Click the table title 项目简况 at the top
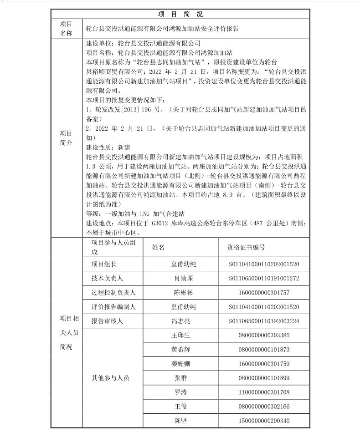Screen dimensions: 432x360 coord(180,14)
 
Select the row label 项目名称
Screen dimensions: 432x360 coord(66,28)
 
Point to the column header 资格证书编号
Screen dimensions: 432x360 coord(246,247)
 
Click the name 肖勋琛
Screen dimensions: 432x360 coord(180,278)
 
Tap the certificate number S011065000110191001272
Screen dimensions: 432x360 coord(264,278)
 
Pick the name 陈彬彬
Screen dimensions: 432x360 coord(180,292)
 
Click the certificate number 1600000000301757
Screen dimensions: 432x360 coord(264,292)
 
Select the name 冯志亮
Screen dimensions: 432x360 coord(180,321)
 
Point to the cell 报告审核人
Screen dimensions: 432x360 coord(108,321)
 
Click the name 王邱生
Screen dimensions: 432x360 coord(180,335)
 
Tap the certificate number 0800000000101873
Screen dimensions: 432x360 coord(264,350)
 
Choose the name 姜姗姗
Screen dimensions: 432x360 coord(180,364)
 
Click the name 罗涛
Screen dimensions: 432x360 coord(180,392)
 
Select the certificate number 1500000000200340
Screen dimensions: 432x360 coord(264,420)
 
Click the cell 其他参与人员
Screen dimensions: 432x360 coord(111,378)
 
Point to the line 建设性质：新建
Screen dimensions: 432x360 coord(108,147)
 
